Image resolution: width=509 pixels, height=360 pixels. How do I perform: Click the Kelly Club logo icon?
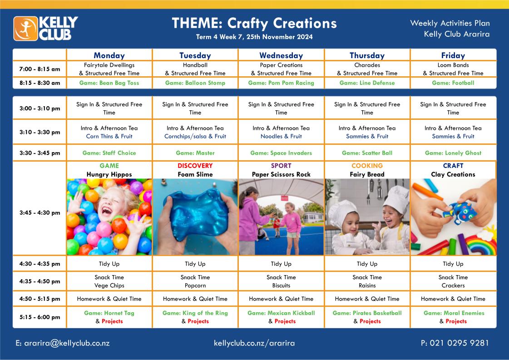point(25,29)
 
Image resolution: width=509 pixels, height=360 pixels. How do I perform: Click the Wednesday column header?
point(281,55)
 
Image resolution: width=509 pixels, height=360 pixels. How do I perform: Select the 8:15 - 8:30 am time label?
point(40,83)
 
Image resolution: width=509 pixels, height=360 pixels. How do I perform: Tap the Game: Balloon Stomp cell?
point(195,83)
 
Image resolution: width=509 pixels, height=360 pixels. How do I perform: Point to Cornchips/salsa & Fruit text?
point(195,136)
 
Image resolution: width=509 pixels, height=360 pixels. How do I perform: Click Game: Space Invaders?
point(281,153)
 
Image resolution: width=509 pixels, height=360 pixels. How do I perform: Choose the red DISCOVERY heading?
point(195,166)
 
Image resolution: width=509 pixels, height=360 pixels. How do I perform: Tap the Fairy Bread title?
point(367,174)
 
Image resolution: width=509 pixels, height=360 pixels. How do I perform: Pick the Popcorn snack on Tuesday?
point(195,286)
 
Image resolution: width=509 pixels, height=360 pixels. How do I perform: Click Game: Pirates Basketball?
point(367,313)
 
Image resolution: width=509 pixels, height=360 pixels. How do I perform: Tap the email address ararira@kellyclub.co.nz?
point(63,343)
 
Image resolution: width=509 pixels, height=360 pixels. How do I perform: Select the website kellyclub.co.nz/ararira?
point(254,343)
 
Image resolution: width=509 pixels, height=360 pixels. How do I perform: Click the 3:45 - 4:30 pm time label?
point(40,212)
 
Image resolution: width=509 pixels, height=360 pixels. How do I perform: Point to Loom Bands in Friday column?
point(453,65)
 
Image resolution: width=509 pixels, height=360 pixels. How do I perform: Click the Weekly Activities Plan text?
point(450,23)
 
